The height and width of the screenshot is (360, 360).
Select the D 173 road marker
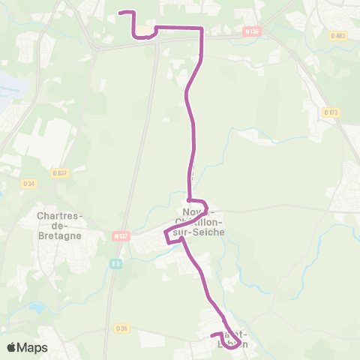pos(331,112)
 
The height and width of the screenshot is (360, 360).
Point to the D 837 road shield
pos(60,172)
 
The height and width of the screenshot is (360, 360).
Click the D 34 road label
pos(29,183)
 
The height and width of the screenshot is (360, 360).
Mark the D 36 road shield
pos(123,328)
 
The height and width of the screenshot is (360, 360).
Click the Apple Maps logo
pos(27,347)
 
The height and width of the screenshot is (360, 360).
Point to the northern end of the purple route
pos(121,13)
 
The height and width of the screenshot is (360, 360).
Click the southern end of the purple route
pos(213,334)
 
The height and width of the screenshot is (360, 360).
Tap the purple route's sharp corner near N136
pos(202,28)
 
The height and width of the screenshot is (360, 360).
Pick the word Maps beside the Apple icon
pos(33,347)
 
